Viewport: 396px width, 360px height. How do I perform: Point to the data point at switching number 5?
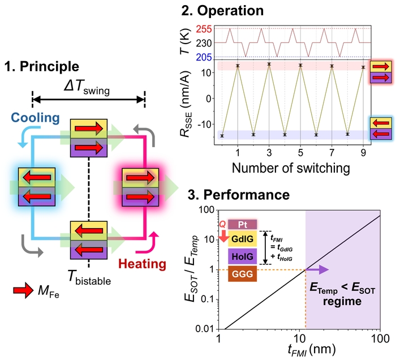(301, 66)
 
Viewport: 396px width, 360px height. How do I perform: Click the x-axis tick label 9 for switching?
(363, 153)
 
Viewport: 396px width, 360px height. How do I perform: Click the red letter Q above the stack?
(222, 224)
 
